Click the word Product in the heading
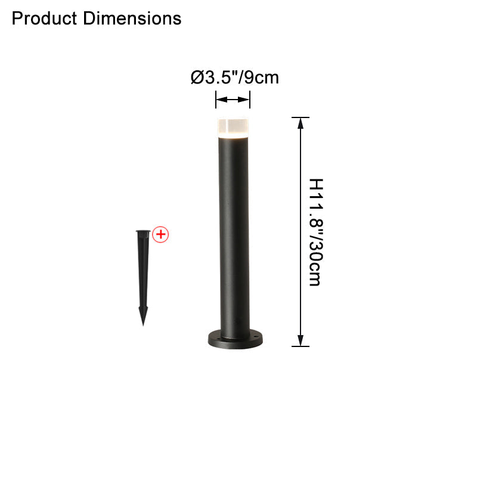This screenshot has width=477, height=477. [44, 18]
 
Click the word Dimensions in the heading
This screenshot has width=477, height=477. [132, 18]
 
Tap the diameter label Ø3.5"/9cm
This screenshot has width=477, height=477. [234, 78]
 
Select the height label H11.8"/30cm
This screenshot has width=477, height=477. [316, 232]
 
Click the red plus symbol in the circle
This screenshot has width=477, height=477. [160, 234]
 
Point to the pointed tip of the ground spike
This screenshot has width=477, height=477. [143, 325]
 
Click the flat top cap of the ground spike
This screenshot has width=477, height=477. [143, 232]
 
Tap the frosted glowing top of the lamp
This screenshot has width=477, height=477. [233, 128]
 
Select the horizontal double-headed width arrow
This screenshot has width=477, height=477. [233, 100]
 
